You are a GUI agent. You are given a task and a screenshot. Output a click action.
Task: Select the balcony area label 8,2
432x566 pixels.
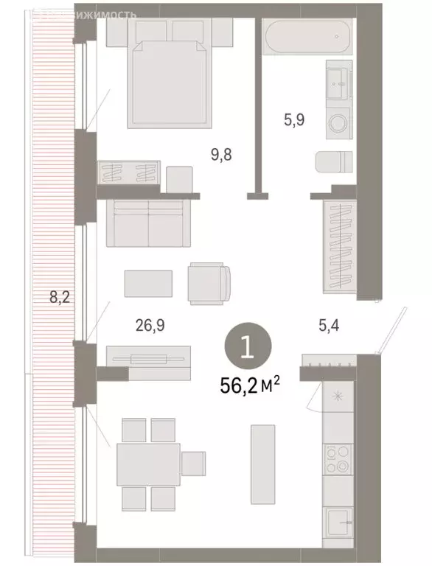click(x=60, y=298)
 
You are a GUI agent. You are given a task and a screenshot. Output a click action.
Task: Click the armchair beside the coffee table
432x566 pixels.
click(x=209, y=284)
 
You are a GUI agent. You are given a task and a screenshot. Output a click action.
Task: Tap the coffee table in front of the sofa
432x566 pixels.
click(x=149, y=282)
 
